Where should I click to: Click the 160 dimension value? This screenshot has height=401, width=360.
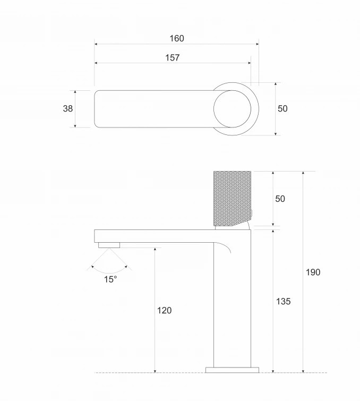tap(177, 38)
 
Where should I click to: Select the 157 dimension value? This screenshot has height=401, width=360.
tap(173, 57)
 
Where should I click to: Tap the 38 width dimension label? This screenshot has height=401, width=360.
tap(68, 108)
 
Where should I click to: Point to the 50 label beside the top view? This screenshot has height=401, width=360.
tap(282, 108)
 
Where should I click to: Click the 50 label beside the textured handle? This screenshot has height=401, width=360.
tap(280, 199)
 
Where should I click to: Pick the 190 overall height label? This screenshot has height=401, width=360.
tap(313, 272)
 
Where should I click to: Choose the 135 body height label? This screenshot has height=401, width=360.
tap(284, 301)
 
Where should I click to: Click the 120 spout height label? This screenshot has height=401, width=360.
tap(164, 310)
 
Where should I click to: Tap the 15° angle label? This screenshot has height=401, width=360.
tap(110, 279)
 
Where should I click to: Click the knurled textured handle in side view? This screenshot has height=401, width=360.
tap(232, 199)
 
